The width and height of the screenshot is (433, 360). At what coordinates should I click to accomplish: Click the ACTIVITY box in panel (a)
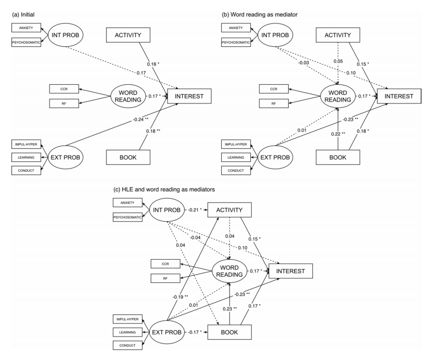point(128,35)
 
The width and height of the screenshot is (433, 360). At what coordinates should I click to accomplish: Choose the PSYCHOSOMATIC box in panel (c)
point(128,217)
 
